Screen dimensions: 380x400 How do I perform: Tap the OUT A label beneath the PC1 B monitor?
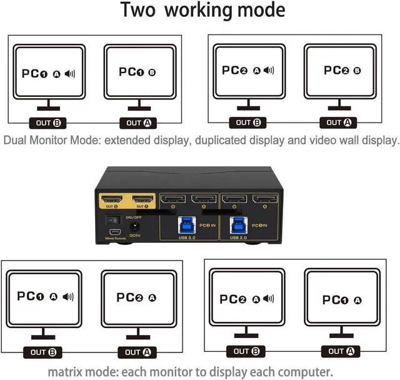(x=137, y=123)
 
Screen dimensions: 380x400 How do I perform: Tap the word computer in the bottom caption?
(x=316, y=371)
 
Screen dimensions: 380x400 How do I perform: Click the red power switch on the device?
(x=113, y=220)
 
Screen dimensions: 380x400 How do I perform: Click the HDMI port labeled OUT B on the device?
(x=111, y=200)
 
